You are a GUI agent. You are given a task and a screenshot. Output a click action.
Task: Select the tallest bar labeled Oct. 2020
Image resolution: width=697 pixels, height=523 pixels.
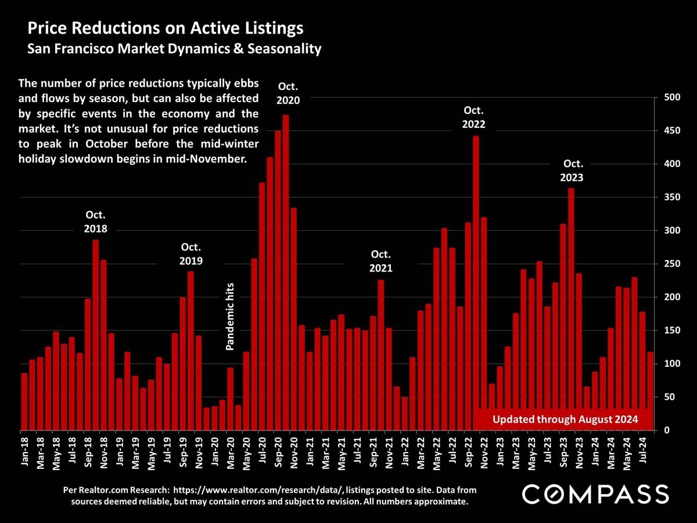click(286, 273)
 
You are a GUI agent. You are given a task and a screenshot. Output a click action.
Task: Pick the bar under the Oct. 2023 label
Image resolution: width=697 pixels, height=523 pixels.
click(571, 308)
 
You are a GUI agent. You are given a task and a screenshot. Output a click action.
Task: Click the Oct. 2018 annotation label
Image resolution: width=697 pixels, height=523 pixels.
click(95, 223)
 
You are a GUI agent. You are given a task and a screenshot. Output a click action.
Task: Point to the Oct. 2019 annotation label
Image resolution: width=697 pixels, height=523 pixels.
click(191, 255)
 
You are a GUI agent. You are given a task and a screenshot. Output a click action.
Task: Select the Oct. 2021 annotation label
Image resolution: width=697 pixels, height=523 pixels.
click(381, 261)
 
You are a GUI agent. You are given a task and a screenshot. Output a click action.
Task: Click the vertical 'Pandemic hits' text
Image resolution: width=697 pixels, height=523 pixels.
click(230, 317)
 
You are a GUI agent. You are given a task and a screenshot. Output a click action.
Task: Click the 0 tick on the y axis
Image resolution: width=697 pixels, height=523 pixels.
click(665, 431)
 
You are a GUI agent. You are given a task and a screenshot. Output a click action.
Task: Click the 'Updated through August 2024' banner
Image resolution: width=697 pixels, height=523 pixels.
click(565, 419)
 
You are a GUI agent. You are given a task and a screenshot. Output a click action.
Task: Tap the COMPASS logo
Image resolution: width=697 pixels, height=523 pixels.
click(596, 495)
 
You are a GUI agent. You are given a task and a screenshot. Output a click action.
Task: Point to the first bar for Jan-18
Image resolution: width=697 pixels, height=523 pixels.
click(24, 402)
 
